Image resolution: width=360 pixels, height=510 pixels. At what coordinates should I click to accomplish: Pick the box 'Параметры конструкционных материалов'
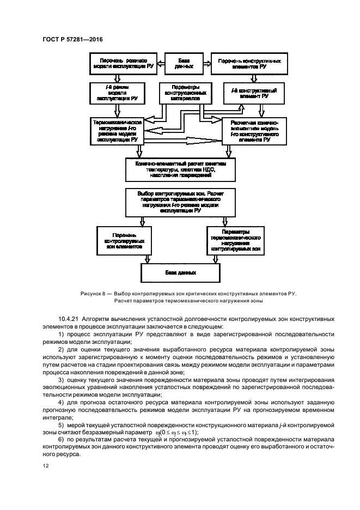coord(185,93)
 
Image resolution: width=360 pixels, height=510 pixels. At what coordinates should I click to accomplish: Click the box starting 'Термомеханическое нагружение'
coord(117,131)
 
